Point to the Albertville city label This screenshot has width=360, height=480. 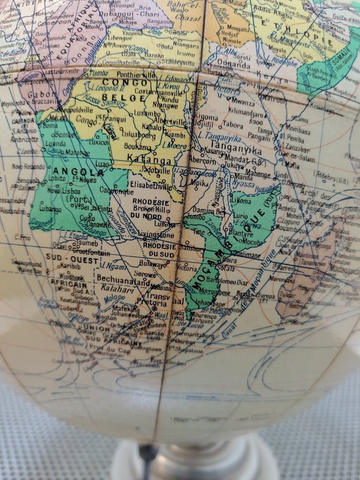click(170, 122)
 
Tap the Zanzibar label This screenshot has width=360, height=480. click(298, 147)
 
